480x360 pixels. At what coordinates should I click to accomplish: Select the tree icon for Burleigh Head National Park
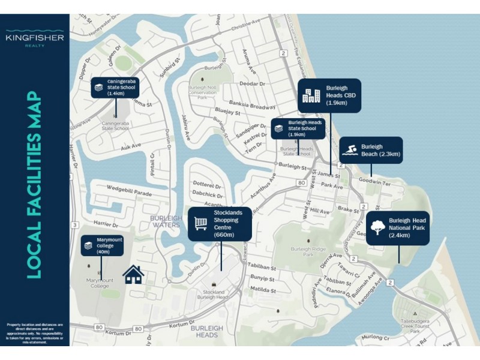(x=379, y=227)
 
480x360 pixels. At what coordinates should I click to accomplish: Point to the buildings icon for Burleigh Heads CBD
(x=311, y=95)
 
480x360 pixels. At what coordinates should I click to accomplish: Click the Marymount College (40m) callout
(x=103, y=245)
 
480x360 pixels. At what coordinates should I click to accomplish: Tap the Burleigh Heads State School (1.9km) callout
(x=298, y=128)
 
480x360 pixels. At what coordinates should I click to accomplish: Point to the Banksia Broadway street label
(x=254, y=106)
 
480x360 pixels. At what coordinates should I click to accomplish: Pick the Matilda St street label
(x=262, y=289)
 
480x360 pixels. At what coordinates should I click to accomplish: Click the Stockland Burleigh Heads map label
(x=212, y=295)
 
